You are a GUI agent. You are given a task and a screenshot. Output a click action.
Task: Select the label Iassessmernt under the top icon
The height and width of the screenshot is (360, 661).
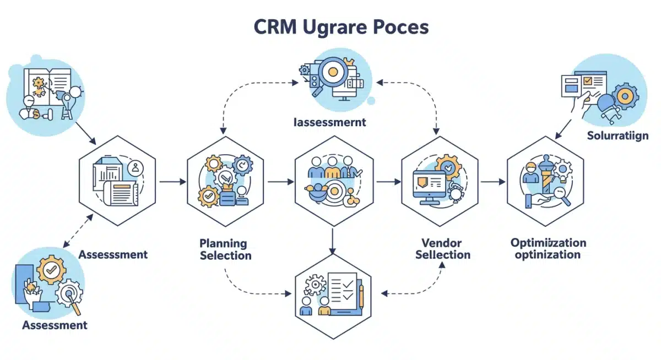(329, 122)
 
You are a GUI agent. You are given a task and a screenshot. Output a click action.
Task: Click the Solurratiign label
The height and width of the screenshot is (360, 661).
(617, 135)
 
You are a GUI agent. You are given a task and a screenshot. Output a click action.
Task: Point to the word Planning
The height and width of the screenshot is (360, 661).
(223, 243)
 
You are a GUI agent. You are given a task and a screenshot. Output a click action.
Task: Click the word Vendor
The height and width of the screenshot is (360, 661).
(441, 243)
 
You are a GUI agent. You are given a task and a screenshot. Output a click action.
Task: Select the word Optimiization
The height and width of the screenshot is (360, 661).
(548, 243)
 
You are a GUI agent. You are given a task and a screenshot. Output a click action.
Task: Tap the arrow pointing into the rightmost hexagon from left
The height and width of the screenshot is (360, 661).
(493, 181)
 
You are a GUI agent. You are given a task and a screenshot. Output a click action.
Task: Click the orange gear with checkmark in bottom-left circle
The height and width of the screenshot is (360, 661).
(52, 270)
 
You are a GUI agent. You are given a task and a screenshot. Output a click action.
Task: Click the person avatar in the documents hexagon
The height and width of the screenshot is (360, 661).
(135, 168)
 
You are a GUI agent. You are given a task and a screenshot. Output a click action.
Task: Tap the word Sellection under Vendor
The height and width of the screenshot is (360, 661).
(443, 255)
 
